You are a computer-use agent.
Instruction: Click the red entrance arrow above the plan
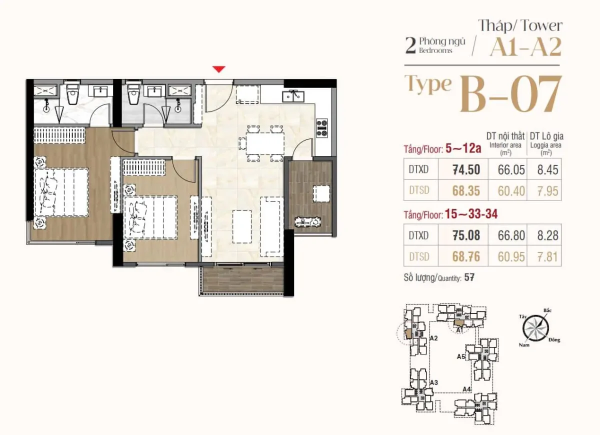point(219,69)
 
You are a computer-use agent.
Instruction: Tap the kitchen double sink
point(293,96)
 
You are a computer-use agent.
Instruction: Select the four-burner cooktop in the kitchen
point(321,128)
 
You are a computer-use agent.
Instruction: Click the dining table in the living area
point(265,143)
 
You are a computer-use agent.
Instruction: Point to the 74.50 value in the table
point(466,169)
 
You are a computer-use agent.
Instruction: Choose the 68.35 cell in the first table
point(466,190)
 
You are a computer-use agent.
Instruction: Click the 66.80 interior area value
point(511,235)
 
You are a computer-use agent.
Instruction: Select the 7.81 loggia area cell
point(547,257)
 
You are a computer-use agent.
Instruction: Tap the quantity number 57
point(469,277)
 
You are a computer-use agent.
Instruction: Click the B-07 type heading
point(510,94)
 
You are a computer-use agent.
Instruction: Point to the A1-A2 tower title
point(525,47)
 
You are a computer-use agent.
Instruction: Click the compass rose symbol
point(535,328)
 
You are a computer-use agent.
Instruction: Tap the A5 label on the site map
point(461,356)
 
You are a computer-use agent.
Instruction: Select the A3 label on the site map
point(434,382)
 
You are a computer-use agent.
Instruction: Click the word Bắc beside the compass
point(547,310)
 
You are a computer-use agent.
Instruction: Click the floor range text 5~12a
point(463,148)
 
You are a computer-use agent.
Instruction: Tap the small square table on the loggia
point(321,194)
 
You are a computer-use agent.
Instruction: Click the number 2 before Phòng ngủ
point(410,46)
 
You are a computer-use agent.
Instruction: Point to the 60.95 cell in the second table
point(511,257)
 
